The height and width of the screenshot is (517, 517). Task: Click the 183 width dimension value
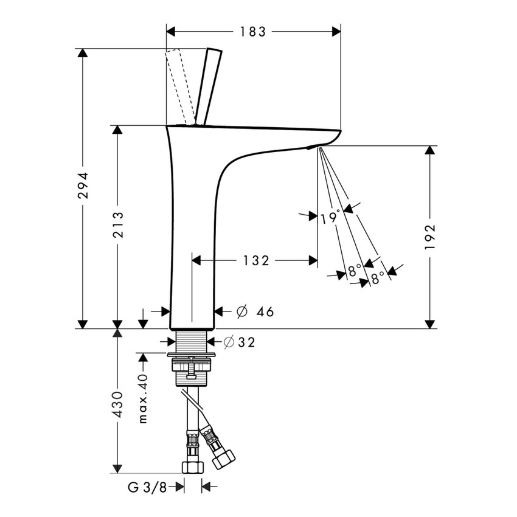[253, 32]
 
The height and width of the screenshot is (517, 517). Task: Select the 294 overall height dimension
[83, 186]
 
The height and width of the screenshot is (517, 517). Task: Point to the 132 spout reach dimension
[256, 261]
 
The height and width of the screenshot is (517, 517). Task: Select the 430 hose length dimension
[118, 404]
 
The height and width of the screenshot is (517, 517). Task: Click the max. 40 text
[143, 398]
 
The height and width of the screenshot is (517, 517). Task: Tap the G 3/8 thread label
[145, 487]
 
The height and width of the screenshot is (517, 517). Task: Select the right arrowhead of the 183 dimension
[335, 32]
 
